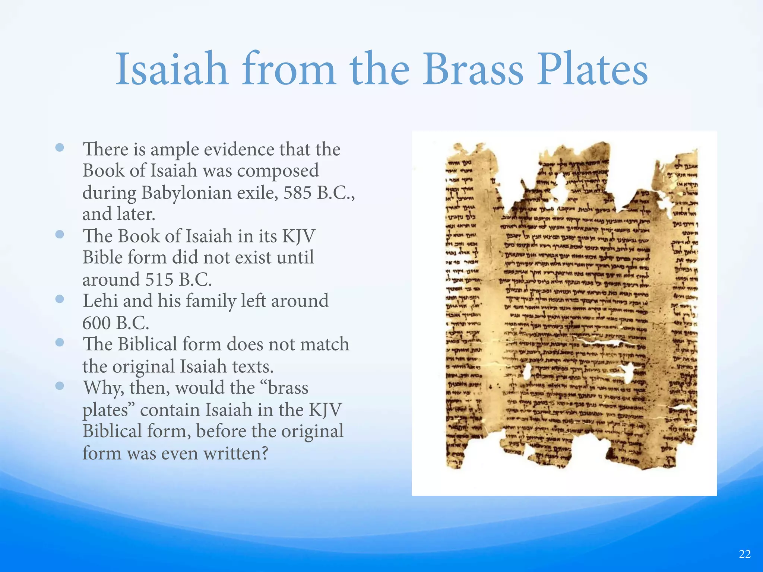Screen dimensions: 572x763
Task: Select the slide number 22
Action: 744,554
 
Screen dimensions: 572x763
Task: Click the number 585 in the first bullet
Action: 297,193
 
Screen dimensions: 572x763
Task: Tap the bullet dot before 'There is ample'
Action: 60,148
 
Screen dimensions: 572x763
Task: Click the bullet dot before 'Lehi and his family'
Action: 60,299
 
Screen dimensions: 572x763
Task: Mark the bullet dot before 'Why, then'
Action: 60,386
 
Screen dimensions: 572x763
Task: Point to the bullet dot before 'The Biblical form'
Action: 60,343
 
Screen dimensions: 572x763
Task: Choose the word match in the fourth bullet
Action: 324,344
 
